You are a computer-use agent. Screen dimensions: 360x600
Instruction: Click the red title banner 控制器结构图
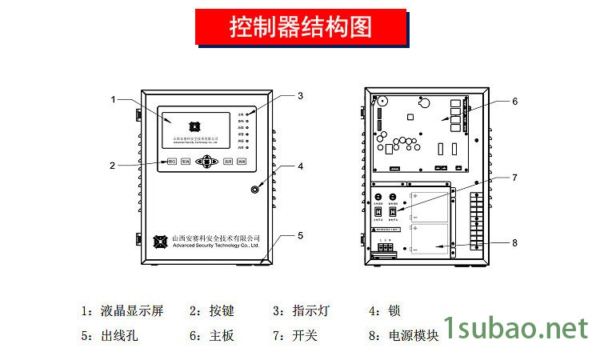[x=300, y=28]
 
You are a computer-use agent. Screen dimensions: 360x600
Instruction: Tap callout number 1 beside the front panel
[x=114, y=99]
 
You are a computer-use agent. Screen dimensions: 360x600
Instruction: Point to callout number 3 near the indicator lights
[x=300, y=96]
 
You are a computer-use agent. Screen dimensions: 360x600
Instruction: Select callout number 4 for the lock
[x=300, y=167]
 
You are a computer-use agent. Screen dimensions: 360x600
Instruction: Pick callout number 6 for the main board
[x=514, y=102]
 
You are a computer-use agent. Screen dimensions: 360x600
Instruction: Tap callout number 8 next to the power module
[x=514, y=242]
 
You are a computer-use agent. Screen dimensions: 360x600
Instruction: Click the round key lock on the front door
[x=255, y=190]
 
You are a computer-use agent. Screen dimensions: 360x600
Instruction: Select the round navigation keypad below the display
[x=207, y=162]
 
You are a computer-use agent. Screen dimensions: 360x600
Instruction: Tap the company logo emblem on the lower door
[x=163, y=240]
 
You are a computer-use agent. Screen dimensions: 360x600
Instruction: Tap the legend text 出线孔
[x=121, y=336]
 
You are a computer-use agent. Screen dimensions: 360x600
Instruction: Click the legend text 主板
[x=222, y=336]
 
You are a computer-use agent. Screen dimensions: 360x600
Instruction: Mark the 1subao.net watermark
[x=515, y=328]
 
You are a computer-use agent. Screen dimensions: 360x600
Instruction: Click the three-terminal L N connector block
[x=386, y=248]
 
